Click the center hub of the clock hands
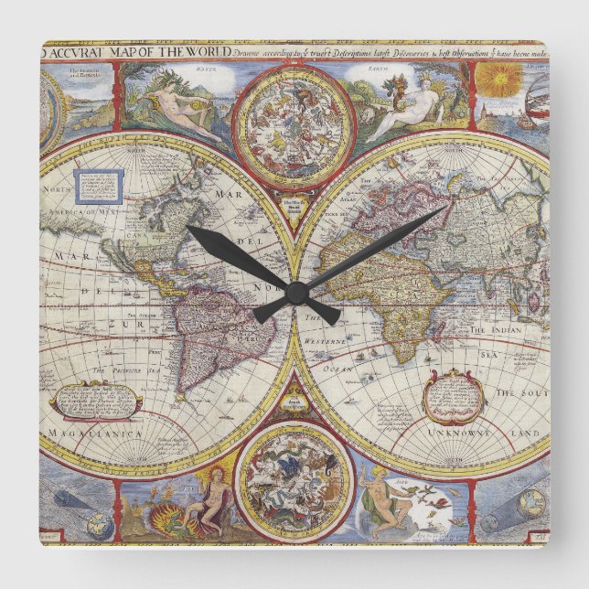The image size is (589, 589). (x=294, y=293)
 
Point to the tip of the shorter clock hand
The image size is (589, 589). (x=188, y=228)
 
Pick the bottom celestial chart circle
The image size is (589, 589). (x=294, y=479)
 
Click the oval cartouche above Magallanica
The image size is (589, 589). (x=96, y=398)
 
